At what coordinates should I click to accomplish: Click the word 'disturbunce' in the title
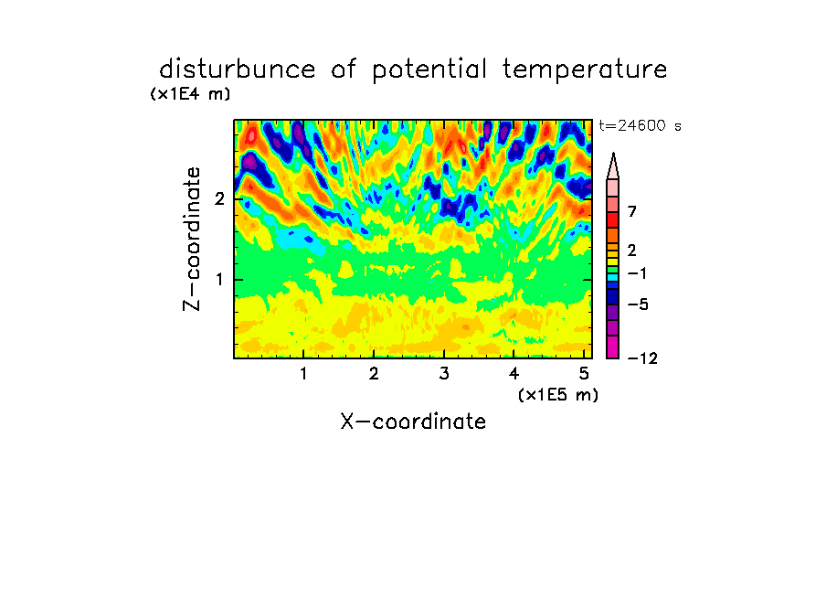pyautogui.click(x=237, y=69)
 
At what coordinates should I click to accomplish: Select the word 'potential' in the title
pyautogui.click(x=429, y=70)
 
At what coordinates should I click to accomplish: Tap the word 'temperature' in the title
pyautogui.click(x=585, y=70)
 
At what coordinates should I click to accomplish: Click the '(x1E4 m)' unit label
pyautogui.click(x=190, y=94)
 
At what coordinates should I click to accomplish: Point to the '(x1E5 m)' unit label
pyautogui.click(x=558, y=394)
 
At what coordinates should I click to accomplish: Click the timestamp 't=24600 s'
pyautogui.click(x=640, y=125)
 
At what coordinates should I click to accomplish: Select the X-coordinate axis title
pyautogui.click(x=413, y=422)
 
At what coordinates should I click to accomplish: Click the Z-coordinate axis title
pyautogui.click(x=192, y=239)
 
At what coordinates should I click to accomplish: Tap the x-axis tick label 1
pyautogui.click(x=303, y=374)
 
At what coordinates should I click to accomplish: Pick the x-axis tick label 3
pyautogui.click(x=444, y=374)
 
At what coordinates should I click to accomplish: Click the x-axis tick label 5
pyautogui.click(x=584, y=374)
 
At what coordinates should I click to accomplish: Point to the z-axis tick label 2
pyautogui.click(x=219, y=199)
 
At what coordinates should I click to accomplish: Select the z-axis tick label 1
pyautogui.click(x=219, y=280)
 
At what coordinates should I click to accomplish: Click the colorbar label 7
pyautogui.click(x=632, y=212)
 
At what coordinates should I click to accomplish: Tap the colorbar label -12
pyautogui.click(x=642, y=359)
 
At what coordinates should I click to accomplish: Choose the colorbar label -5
pyautogui.click(x=638, y=304)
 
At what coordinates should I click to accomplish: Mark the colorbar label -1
pyautogui.click(x=637, y=273)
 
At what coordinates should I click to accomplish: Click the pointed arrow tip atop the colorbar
pyautogui.click(x=613, y=154)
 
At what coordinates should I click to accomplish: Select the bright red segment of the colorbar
pyautogui.click(x=613, y=219)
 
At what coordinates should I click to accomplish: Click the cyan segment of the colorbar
pyautogui.click(x=613, y=277)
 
